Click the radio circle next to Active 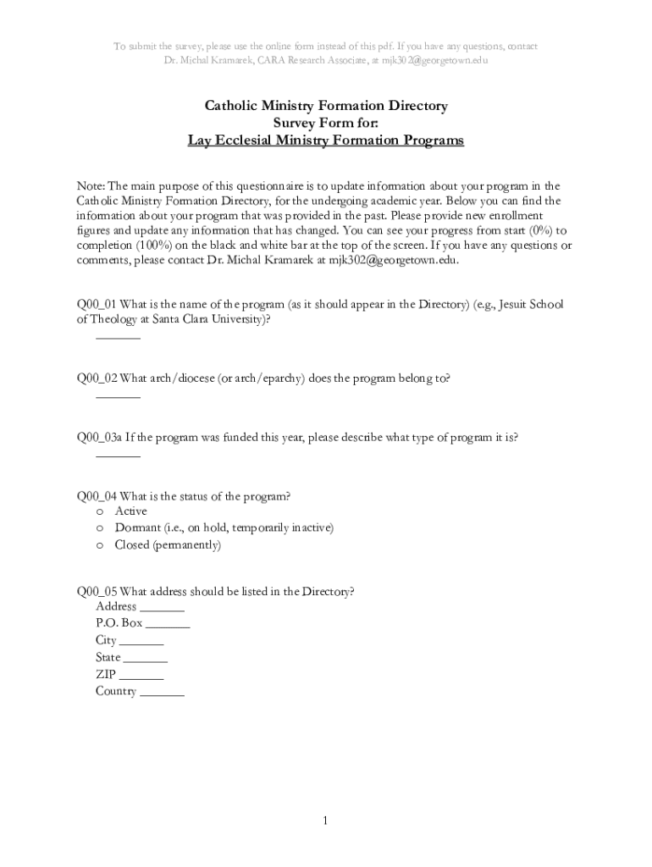(x=100, y=512)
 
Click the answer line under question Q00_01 (x=118, y=338)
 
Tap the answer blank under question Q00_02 (x=118, y=395)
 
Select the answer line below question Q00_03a (x=118, y=456)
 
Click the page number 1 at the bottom (x=326, y=821)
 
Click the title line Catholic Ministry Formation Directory (x=326, y=106)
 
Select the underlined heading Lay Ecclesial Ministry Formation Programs (x=326, y=141)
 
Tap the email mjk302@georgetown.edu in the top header (x=434, y=61)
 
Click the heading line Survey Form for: (x=326, y=124)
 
